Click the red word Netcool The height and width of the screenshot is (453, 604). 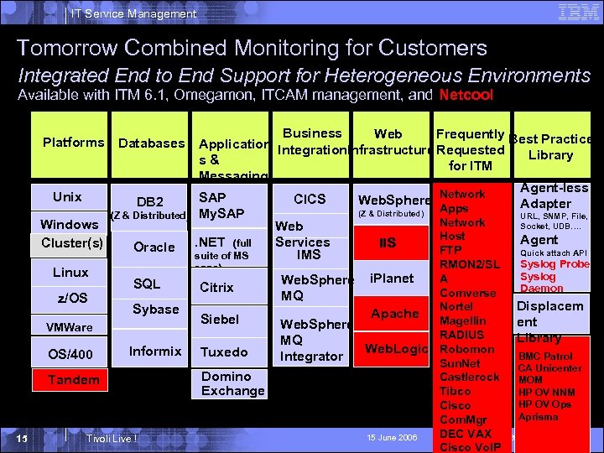pos(466,95)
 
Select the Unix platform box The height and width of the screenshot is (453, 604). pos(68,197)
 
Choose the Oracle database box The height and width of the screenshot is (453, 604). pos(154,247)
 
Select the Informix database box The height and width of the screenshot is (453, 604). pos(154,351)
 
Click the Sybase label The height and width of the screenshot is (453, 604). pos(155,309)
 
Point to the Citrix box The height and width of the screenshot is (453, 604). pos(216,287)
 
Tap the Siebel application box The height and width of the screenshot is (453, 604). pos(220,320)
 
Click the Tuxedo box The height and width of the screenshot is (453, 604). pos(223,351)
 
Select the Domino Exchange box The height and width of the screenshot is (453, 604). pos(232,383)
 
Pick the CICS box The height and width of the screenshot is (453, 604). pos(310,199)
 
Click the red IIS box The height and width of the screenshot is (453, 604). pos(387,243)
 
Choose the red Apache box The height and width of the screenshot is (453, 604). pos(394,313)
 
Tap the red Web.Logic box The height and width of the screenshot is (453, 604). pos(397,347)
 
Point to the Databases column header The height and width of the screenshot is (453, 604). pos(151,143)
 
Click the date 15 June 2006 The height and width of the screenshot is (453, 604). pos(391,438)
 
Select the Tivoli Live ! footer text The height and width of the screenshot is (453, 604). pos(112,439)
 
